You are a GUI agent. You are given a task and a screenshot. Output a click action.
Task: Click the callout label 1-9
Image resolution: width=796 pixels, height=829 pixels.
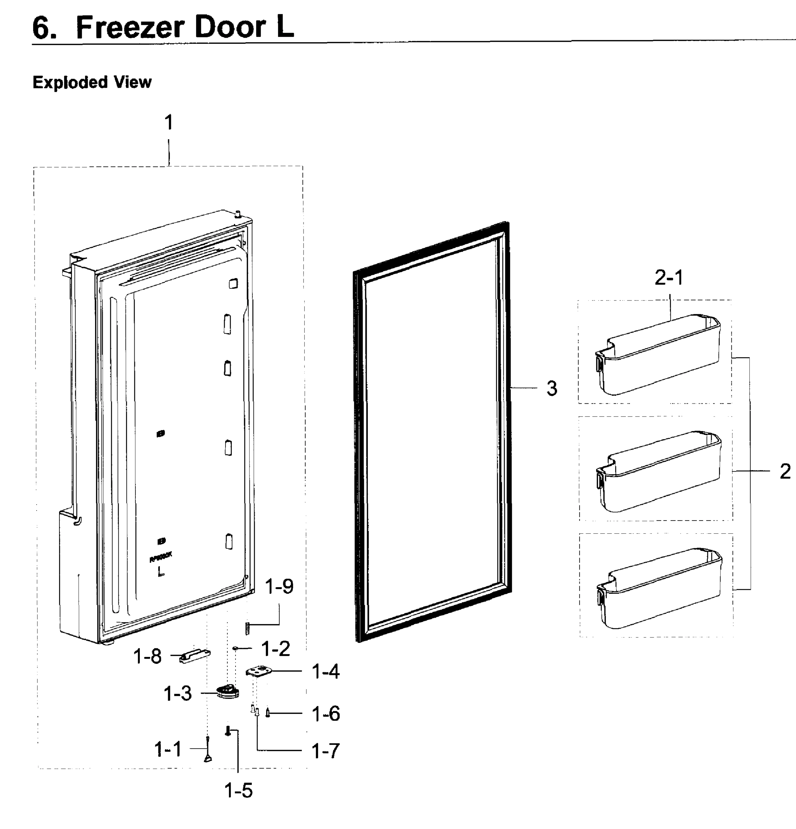point(279,587)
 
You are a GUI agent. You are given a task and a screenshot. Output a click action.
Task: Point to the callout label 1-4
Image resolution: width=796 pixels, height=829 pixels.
point(326,671)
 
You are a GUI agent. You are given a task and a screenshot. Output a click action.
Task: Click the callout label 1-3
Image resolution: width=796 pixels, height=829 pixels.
point(178,694)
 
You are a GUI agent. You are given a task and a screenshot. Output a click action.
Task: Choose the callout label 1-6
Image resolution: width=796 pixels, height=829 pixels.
point(326,714)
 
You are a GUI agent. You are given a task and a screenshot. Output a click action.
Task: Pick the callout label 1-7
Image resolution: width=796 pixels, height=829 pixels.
point(326,751)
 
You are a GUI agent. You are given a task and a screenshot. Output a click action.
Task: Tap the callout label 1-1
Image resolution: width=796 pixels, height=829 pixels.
point(168,750)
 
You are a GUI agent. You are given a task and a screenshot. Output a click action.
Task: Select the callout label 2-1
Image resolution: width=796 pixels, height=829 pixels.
point(669,278)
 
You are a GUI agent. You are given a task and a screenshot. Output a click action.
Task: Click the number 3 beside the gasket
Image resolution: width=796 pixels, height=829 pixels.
point(552,388)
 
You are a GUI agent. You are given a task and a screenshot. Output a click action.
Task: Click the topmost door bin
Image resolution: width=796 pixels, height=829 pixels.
point(658,354)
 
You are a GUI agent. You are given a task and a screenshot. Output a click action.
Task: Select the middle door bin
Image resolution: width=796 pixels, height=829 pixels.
point(659,471)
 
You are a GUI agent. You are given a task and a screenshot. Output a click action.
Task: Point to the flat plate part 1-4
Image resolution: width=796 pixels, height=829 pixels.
point(258,671)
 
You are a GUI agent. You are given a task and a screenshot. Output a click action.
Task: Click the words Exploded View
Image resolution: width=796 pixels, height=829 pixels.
point(92,82)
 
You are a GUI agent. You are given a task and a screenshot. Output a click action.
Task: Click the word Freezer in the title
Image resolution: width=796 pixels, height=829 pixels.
point(130,28)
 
